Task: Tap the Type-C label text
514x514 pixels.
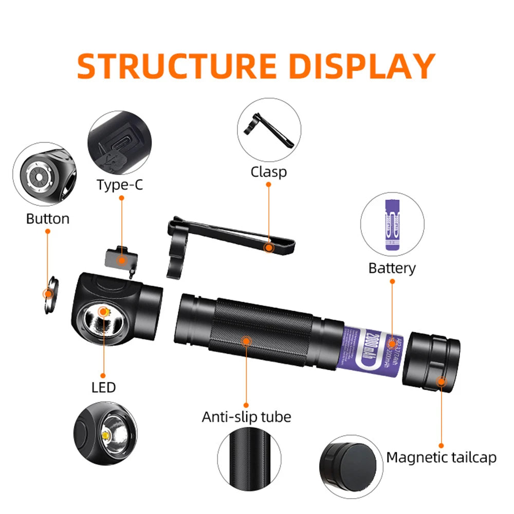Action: click(120, 185)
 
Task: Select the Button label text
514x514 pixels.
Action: click(48, 218)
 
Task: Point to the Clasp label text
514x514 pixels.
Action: click(268, 172)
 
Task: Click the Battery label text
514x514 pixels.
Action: click(392, 268)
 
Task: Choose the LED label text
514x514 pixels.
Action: click(104, 387)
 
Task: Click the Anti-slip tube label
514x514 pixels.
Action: click(246, 416)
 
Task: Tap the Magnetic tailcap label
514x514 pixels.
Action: click(442, 457)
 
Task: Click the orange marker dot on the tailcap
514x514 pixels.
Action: click(441, 381)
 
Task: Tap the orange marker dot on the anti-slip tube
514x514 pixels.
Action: click(246, 340)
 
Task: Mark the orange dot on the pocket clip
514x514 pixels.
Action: click(268, 247)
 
